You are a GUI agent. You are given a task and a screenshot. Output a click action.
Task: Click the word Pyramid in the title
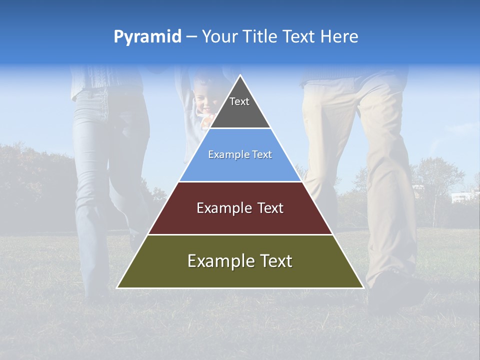click(147, 37)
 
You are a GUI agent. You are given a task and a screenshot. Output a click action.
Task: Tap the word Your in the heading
click(220, 37)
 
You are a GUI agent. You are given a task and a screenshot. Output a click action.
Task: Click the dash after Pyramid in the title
click(191, 37)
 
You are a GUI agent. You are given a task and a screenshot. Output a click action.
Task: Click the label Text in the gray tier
click(239, 101)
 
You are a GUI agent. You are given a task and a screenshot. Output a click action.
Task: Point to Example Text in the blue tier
click(240, 155)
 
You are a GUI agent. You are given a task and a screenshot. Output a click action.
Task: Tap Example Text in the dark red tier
click(240, 208)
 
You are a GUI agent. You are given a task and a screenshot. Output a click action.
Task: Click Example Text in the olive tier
click(240, 261)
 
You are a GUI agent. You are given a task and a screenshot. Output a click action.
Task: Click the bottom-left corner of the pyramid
click(117, 287)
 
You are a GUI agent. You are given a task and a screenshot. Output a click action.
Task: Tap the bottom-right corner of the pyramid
click(363, 287)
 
